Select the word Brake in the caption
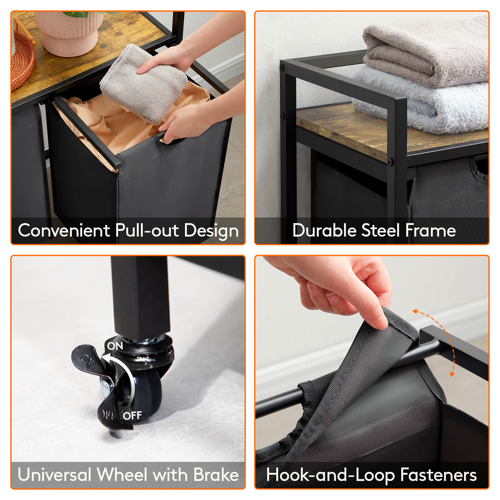click(x=216, y=475)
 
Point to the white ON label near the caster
click(x=115, y=346)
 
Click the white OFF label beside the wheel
click(x=132, y=416)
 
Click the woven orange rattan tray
click(x=22, y=62)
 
